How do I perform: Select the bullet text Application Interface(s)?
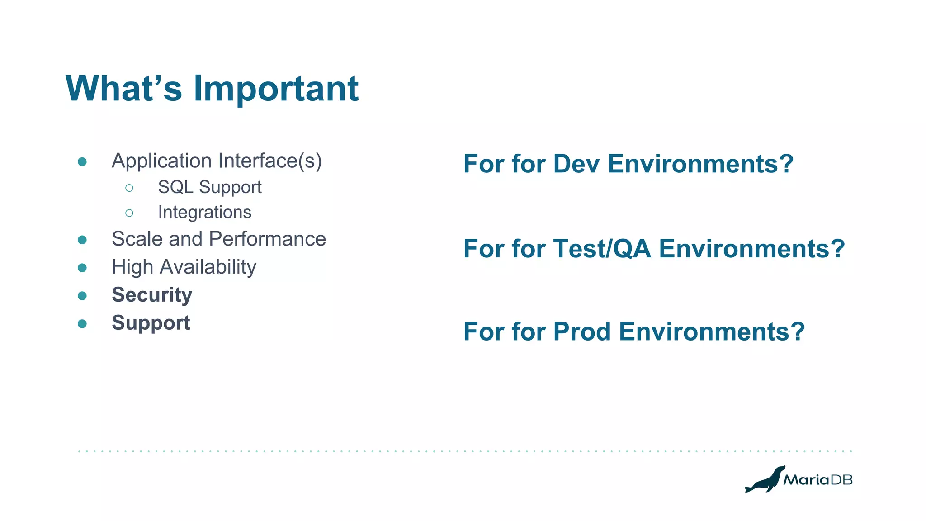coord(217,161)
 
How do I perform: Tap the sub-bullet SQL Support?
coord(209,187)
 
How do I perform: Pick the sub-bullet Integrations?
coord(204,213)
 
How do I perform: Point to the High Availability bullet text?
coord(184,267)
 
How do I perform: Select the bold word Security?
coord(152,295)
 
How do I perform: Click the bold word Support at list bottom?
coord(151,323)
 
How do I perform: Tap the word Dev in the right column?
coord(576,164)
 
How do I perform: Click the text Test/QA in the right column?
coord(602,249)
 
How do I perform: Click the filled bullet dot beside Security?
coord(82,296)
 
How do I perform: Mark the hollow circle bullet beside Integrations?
coord(129,213)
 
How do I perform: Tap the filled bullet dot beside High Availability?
coord(82,268)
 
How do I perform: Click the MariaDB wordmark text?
coord(817,480)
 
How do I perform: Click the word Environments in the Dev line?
coord(692,164)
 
